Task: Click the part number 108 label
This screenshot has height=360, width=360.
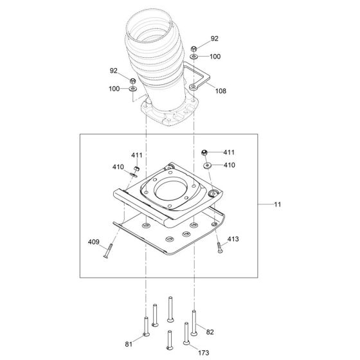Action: (221, 91)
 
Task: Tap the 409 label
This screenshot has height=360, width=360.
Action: (94, 242)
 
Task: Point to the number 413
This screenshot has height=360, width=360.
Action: (233, 239)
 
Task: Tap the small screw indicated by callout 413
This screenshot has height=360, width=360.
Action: (219, 248)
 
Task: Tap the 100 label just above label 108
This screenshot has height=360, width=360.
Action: (215, 57)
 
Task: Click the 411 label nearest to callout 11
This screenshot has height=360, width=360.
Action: (229, 152)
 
